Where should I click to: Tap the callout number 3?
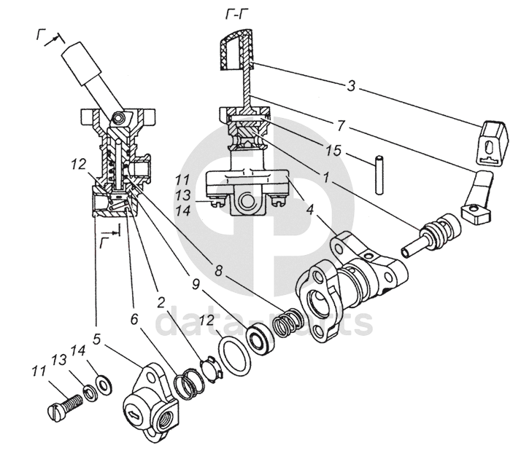pos(351,86)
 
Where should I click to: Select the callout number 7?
pos(341,125)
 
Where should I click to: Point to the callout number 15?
pos(334,151)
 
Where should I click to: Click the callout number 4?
pos(310,210)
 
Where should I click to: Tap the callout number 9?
pos(196,285)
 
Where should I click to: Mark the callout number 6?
pos(134,319)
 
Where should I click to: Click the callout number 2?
pos(161,303)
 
